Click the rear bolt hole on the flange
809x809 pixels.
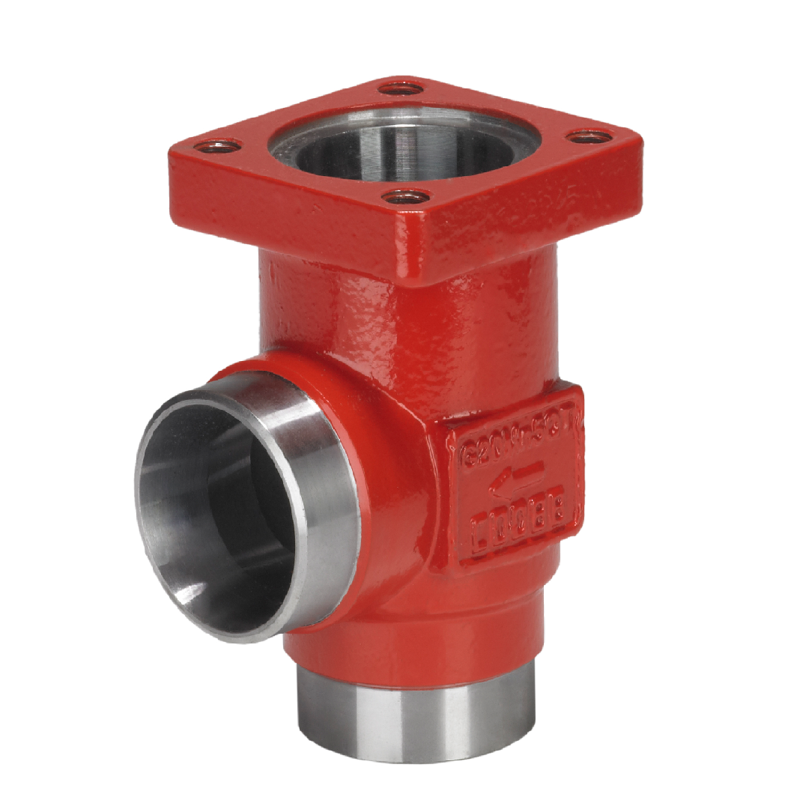[402, 88]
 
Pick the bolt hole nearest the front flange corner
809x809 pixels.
[407, 198]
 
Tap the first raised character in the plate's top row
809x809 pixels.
[462, 455]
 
